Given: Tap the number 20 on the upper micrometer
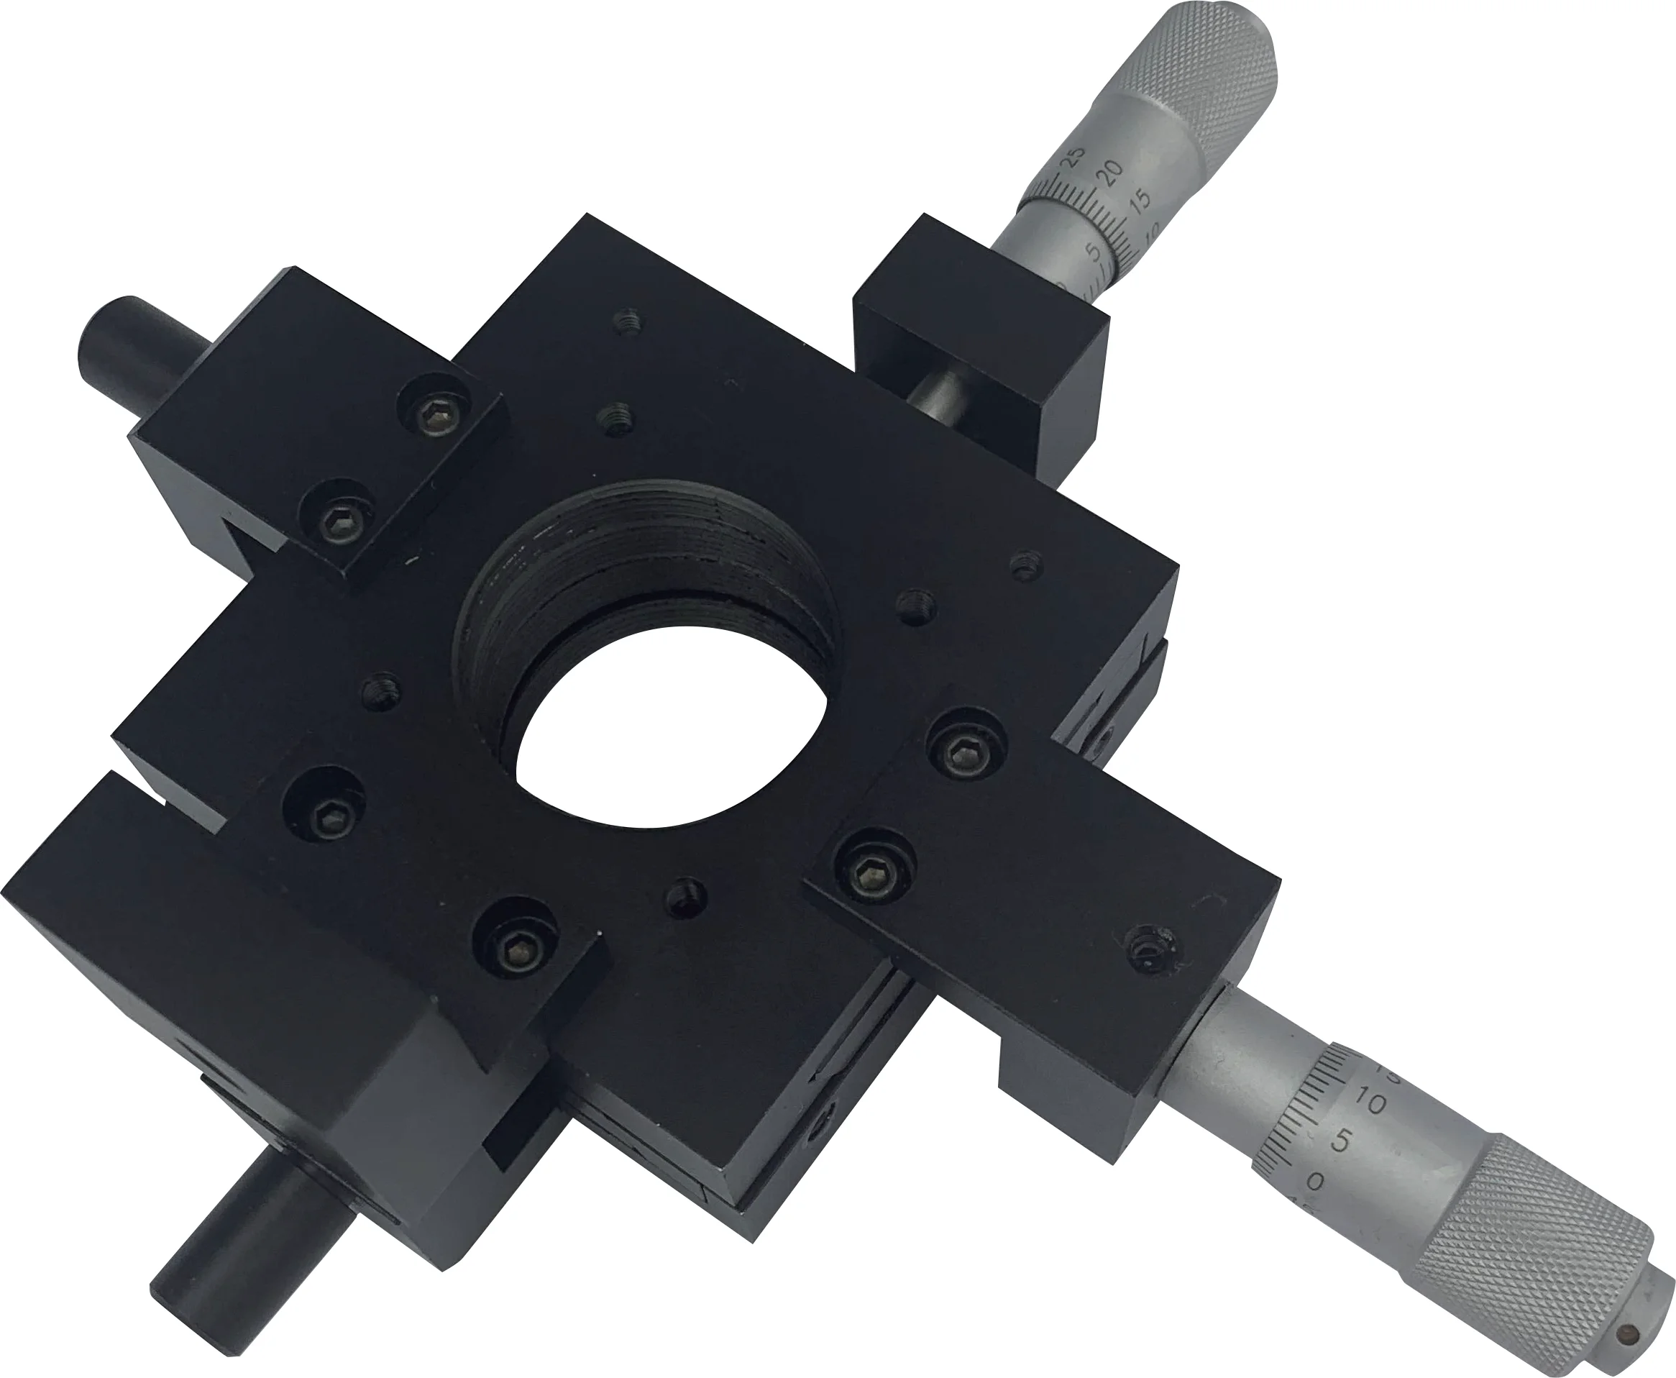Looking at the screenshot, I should click(1113, 168).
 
